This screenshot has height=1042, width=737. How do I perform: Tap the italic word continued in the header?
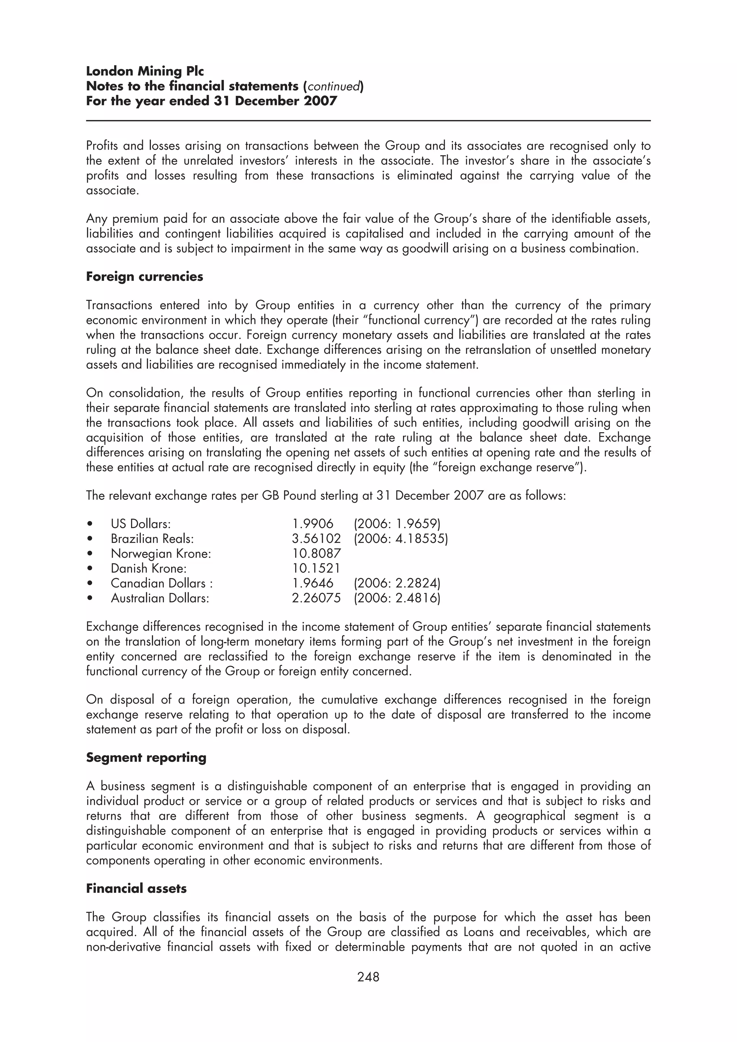click(x=335, y=86)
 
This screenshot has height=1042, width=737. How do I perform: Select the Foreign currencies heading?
click(x=144, y=277)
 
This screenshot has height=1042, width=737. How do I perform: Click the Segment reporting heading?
click(x=146, y=758)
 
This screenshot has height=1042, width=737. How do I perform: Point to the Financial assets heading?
click(x=136, y=888)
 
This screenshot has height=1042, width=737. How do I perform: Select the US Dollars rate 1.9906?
click(x=312, y=524)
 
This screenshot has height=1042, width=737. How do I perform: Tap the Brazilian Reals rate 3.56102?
click(x=316, y=539)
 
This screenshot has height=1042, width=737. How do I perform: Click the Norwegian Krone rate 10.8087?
click(x=316, y=554)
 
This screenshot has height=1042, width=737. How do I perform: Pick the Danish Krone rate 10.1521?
click(x=316, y=568)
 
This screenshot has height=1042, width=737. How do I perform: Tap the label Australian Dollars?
click(x=160, y=598)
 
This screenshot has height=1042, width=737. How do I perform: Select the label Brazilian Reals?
click(x=152, y=539)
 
